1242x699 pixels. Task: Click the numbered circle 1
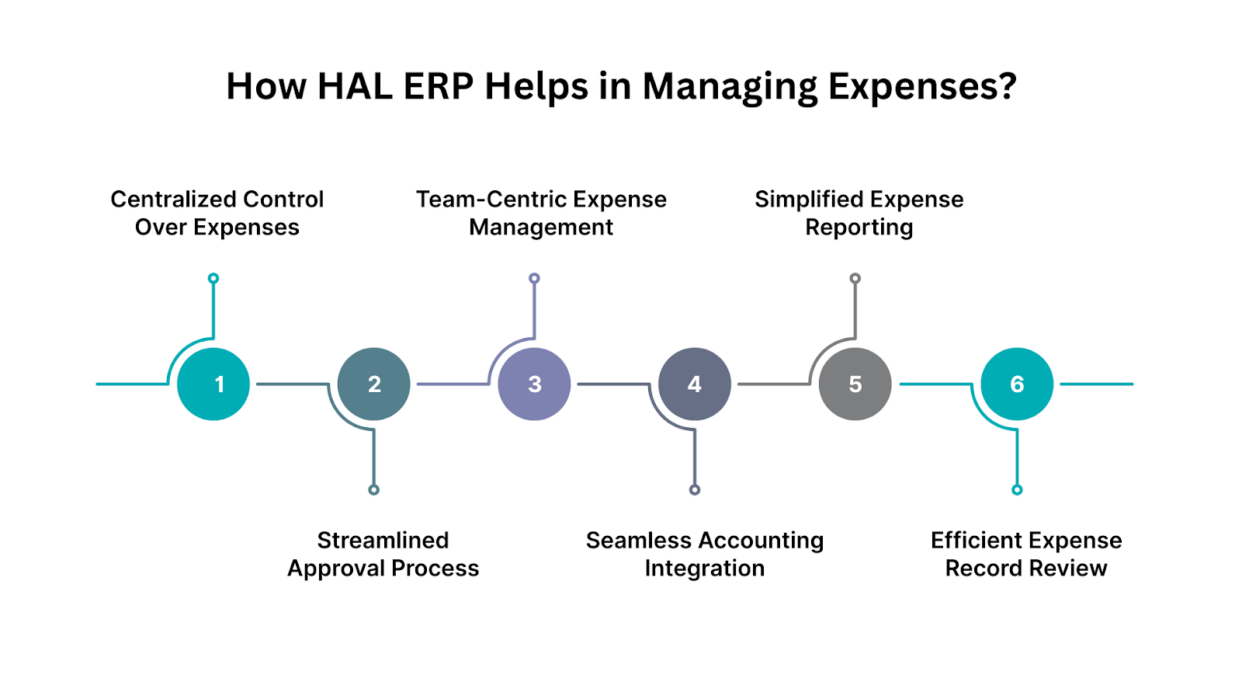tap(213, 384)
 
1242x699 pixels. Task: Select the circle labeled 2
tap(374, 384)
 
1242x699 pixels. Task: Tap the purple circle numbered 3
tap(534, 384)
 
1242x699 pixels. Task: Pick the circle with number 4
tap(695, 384)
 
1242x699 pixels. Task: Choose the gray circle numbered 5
tap(855, 384)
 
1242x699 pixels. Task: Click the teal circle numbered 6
tap(1017, 384)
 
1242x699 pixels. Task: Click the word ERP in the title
tap(439, 86)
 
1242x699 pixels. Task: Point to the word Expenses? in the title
tap(922, 86)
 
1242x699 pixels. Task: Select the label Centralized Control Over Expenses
tap(217, 213)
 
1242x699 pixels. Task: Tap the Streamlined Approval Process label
tap(383, 554)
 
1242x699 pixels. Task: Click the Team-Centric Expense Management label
tap(541, 213)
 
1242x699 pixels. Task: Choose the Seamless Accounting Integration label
tap(705, 554)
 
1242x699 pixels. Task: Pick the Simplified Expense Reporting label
tap(859, 213)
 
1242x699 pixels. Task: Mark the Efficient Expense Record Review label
tap(1026, 554)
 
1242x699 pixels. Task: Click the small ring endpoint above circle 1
tap(213, 278)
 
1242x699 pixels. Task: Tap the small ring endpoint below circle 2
tap(374, 489)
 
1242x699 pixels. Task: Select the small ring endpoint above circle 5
tap(855, 278)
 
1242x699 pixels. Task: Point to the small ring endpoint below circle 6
tap(1017, 489)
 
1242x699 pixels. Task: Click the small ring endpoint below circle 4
tap(695, 489)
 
